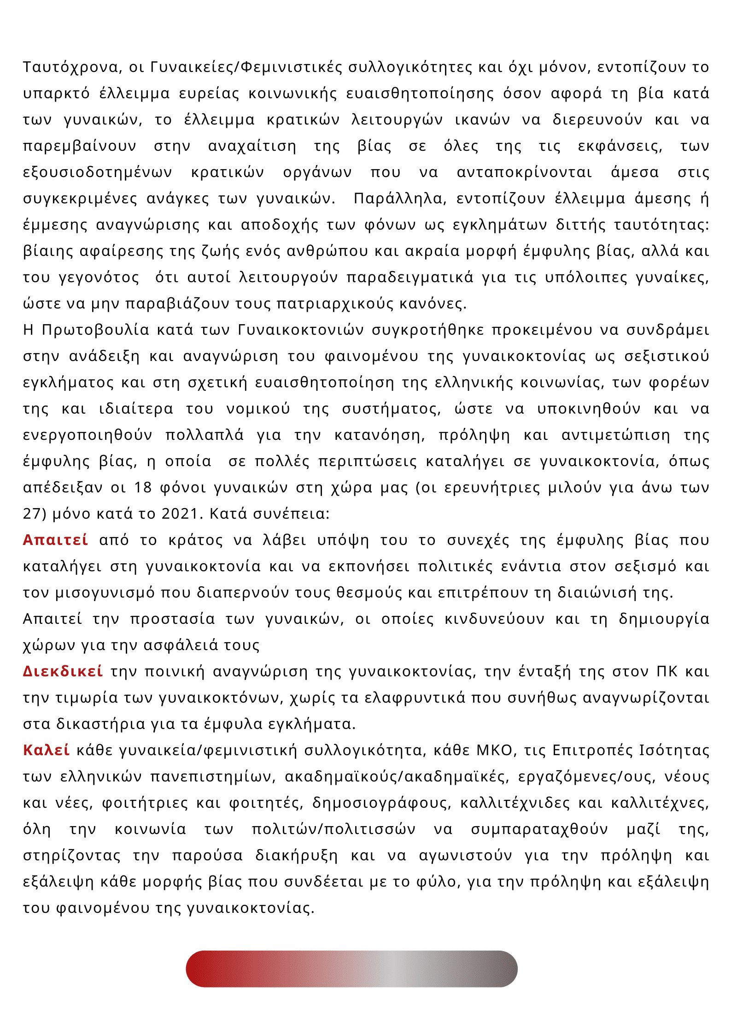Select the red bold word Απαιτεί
55,540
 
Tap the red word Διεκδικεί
63,671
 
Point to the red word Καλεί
47,750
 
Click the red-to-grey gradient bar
351,969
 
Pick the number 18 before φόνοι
143,487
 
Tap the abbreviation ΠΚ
667,671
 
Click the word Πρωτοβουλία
95,330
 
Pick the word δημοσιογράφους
381,803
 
